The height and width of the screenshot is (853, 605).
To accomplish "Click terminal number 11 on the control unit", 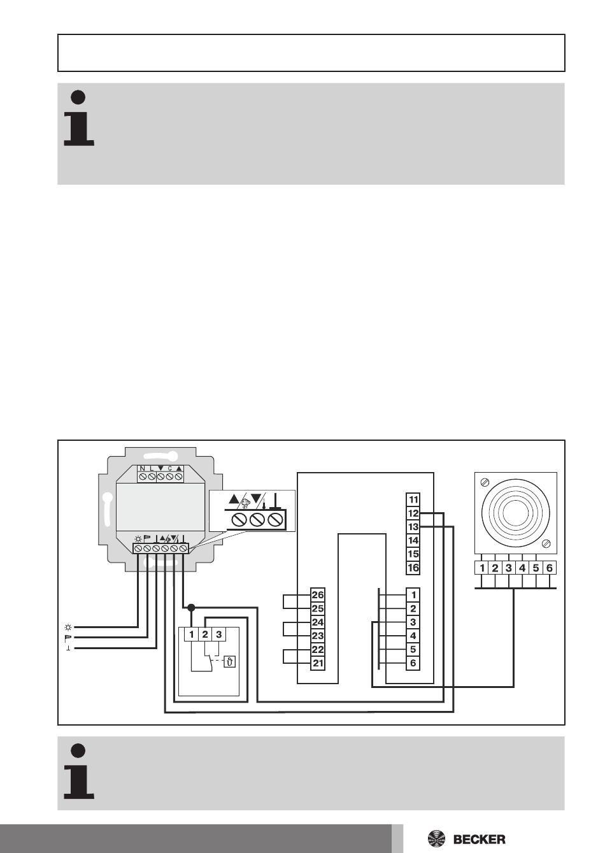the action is [413, 499].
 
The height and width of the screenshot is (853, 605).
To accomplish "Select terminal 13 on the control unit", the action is [413, 527].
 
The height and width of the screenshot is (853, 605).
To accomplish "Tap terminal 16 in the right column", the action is [413, 568].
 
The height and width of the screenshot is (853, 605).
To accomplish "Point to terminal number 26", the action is [317, 595].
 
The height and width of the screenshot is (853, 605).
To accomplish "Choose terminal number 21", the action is [317, 664].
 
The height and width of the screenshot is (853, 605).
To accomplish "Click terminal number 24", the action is [317, 622].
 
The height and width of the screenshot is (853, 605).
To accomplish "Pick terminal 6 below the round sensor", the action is [550, 568].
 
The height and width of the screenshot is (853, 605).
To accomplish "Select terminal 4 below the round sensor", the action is [522, 568].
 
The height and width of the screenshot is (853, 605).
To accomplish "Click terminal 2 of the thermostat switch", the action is [205, 634].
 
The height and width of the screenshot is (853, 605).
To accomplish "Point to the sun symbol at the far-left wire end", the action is [68, 626].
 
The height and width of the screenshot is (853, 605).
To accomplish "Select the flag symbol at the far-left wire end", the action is [68, 637].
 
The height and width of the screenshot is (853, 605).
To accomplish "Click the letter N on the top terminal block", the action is [143, 468].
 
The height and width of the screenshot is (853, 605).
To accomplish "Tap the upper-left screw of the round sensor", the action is [486, 481].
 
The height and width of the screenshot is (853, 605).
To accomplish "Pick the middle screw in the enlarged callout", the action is [257, 520].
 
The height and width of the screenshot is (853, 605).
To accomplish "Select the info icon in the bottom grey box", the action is [79, 771].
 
